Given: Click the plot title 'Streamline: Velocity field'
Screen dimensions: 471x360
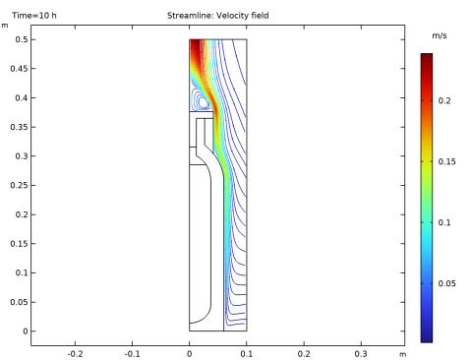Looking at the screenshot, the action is [218, 16].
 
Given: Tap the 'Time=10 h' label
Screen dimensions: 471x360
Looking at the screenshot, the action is [34, 16].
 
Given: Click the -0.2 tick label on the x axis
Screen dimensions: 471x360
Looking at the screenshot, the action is [75, 354].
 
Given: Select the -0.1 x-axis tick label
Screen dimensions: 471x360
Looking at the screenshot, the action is [132, 354].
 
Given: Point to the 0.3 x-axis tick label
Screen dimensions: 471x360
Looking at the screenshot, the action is [361, 354].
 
